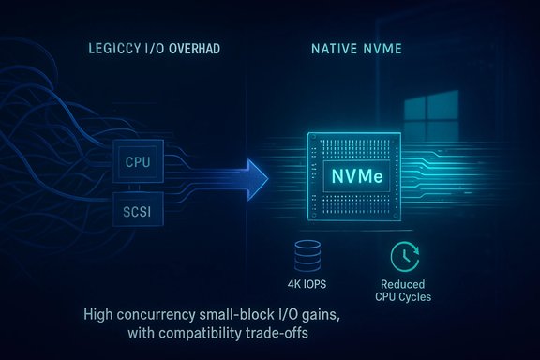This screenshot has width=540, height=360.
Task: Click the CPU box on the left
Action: [137, 162]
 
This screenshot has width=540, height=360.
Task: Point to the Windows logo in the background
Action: [484, 110]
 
